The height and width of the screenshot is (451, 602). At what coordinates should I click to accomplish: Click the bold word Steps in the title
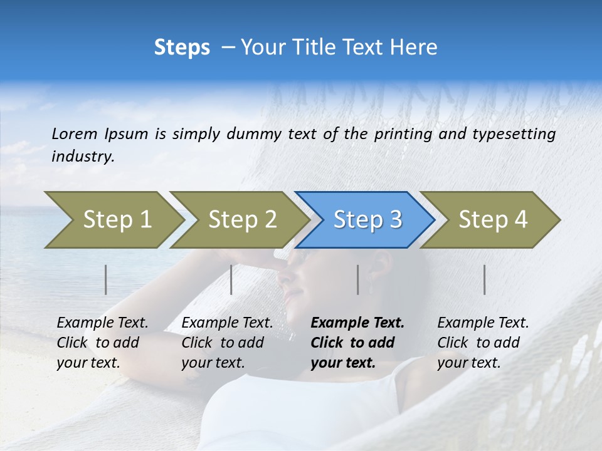[x=182, y=48]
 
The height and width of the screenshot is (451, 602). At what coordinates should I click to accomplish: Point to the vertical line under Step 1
[x=106, y=279]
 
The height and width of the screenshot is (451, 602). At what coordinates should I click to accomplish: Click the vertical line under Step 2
[x=231, y=279]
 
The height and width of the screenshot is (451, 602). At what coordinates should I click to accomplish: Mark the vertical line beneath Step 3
[x=358, y=279]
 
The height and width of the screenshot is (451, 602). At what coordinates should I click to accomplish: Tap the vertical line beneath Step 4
[x=485, y=279]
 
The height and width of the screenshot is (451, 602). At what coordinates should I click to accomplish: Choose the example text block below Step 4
[x=483, y=343]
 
